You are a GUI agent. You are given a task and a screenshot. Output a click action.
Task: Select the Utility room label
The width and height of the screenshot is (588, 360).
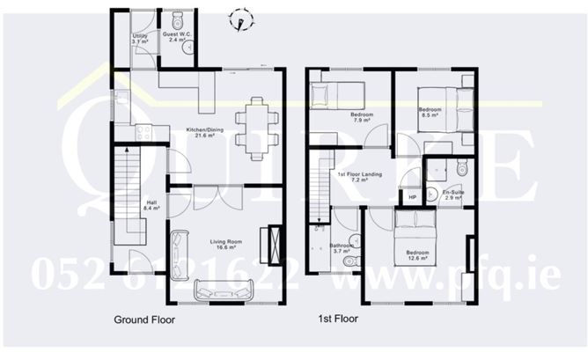click(x=139, y=38)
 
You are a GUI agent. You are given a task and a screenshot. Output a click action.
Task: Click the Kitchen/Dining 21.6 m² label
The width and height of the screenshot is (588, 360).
click(x=204, y=133)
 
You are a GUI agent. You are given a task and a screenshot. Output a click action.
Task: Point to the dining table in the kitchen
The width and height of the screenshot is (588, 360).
click(x=256, y=127)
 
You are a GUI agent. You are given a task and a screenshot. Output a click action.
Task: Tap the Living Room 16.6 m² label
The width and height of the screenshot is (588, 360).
click(x=224, y=246)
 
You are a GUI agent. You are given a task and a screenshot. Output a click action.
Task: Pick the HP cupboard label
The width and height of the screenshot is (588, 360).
click(x=411, y=196)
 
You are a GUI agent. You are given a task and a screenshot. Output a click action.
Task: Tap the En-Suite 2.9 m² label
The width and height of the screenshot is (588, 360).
click(x=452, y=195)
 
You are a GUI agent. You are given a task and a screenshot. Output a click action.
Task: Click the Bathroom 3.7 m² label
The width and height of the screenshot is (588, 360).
click(x=341, y=249)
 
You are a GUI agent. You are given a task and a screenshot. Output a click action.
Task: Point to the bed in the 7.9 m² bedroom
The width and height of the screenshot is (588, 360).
click(x=338, y=92)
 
